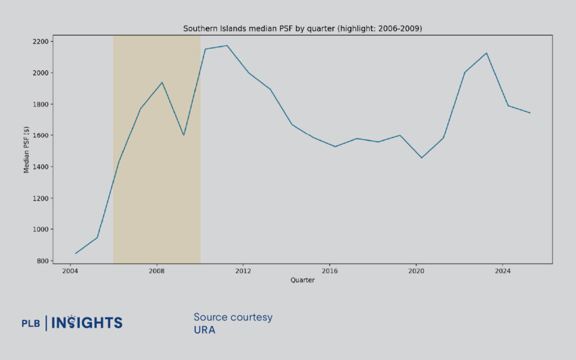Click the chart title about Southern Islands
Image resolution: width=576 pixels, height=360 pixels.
tap(303, 28)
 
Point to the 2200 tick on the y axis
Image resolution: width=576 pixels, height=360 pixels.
tap(40, 42)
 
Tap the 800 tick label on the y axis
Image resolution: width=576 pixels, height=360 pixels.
tap(42, 260)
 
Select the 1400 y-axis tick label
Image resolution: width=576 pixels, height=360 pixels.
tap(40, 166)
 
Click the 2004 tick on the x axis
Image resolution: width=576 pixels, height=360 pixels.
tap(70, 271)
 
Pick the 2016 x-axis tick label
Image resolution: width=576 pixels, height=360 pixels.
tap(330, 271)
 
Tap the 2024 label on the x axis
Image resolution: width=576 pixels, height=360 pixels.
tap(502, 271)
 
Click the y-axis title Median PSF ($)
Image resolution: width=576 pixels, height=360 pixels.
tap(27, 150)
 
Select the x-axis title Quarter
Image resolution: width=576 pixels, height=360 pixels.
tap(303, 280)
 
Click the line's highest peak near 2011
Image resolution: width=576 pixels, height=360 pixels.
tap(227, 46)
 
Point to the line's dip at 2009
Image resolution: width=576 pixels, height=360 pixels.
tap(183, 135)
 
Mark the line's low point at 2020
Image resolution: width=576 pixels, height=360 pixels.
tap(421, 157)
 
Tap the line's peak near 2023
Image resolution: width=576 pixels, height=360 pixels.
tap(486, 53)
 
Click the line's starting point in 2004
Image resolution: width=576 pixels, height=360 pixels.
tap(75, 254)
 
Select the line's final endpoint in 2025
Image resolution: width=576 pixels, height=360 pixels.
tap(530, 113)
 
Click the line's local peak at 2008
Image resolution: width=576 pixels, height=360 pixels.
tap(162, 83)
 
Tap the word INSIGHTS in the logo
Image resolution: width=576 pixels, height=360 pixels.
tap(87, 322)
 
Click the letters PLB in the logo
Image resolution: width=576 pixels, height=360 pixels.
tap(31, 323)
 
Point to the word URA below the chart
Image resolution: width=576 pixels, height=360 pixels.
tap(204, 330)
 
